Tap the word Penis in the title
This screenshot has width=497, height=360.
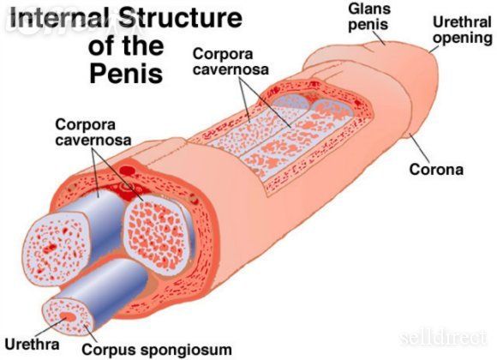126,73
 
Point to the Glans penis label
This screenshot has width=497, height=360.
369,17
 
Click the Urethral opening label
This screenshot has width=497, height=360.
462,31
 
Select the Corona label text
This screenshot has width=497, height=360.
436,170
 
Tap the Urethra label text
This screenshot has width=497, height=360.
32,345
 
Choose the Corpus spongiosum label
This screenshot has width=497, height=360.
157,350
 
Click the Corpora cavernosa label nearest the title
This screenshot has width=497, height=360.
231,62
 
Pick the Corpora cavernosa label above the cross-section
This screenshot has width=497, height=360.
93,132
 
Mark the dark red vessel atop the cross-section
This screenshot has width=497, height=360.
129,171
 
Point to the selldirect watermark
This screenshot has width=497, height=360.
443,338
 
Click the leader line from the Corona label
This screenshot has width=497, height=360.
420,148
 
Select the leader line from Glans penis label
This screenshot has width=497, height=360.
379,38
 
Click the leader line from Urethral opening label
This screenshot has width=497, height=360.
434,49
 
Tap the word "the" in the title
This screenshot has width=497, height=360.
143,45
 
